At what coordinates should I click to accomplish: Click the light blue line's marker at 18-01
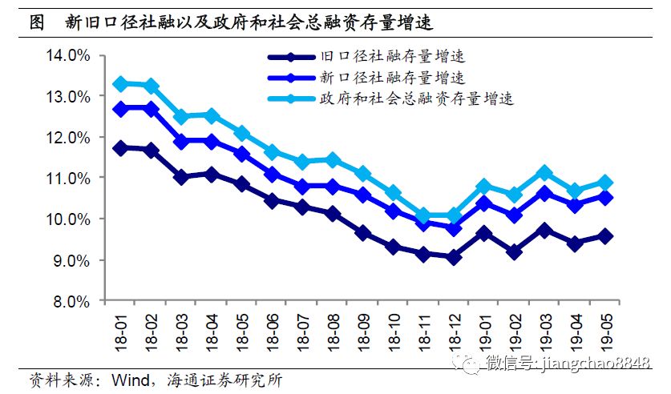(120, 84)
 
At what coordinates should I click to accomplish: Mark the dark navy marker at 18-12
(455, 258)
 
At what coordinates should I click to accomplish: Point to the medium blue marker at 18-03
(181, 142)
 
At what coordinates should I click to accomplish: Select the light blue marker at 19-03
(545, 172)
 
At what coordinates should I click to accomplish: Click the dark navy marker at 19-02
(515, 252)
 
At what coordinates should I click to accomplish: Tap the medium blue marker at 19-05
(606, 197)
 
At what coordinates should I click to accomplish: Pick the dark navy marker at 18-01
(120, 148)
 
